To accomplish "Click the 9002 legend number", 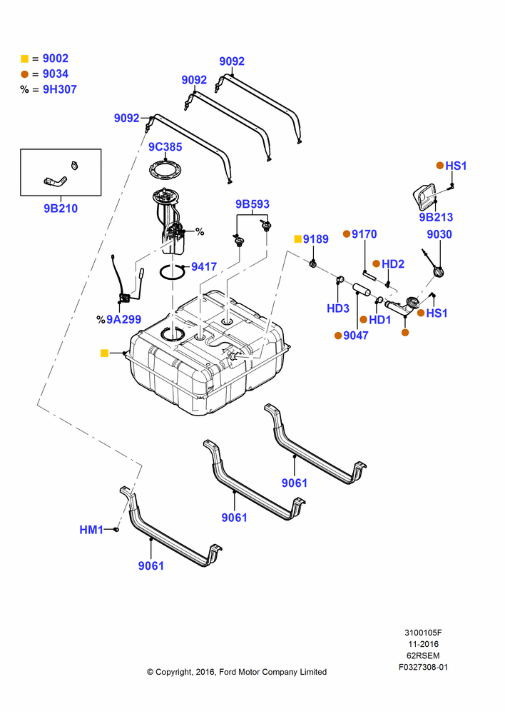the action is tap(56, 59).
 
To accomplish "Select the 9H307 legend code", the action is tap(60, 89).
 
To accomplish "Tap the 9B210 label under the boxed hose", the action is tap(61, 208).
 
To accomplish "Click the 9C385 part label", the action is tap(165, 147).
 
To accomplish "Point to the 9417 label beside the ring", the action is tap(204, 266).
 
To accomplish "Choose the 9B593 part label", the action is tap(252, 204).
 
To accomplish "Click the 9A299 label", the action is tap(123, 320).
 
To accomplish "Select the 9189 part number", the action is tap(316, 239).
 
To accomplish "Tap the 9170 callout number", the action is tap(364, 234).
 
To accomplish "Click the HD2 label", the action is tap(393, 264).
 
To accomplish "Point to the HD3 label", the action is tap(338, 308).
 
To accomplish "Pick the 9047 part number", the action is tap(356, 336).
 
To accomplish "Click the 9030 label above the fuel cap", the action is tap(439, 234).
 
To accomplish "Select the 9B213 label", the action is tap(436, 217).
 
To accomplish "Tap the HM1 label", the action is tap(91, 530).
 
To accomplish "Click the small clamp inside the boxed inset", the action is tap(75, 165).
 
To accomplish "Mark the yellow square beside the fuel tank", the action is tap(104, 353).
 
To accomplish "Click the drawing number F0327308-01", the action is tap(423, 667).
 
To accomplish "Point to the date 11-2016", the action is tap(423, 644).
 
